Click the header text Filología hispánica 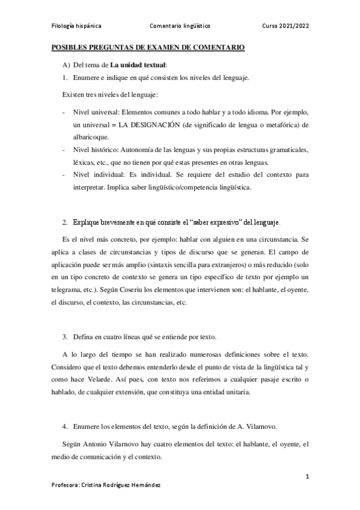click(75, 27)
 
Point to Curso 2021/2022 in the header click(286, 27)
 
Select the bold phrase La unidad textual click(138, 64)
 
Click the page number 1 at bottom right click(307, 477)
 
